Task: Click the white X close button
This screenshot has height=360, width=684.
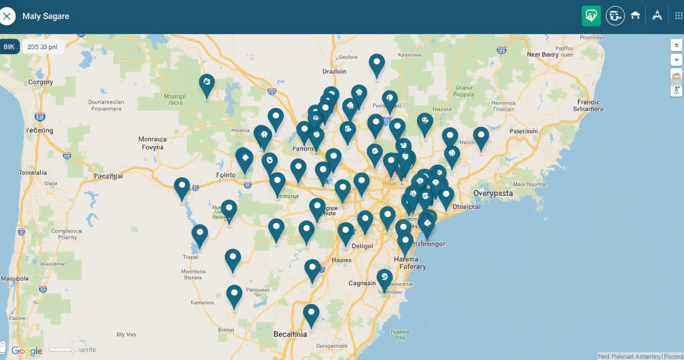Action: coord(7,16)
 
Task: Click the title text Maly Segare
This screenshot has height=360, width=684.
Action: coord(46,16)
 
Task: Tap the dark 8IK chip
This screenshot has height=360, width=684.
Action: coord(10,47)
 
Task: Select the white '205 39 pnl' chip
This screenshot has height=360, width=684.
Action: coord(42,47)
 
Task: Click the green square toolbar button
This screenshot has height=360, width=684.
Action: coord(591,16)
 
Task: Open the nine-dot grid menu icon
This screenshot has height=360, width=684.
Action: coord(678,16)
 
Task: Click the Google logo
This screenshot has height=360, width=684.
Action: coord(27,351)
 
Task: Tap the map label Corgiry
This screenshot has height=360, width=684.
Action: coord(40,82)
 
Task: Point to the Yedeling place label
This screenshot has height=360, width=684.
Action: coord(39,130)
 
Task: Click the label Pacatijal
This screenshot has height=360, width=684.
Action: coord(108,176)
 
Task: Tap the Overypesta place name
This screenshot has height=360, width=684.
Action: coord(493,193)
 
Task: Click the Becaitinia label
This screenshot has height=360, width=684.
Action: coord(290,334)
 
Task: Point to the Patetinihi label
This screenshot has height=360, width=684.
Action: coord(523,131)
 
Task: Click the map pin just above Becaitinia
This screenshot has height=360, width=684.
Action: coord(311,314)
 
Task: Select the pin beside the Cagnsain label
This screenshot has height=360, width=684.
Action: coord(385,278)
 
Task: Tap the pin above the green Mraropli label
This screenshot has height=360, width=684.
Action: coord(207,84)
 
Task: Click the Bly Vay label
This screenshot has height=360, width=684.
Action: coord(127,334)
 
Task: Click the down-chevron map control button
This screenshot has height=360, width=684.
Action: coord(676,60)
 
